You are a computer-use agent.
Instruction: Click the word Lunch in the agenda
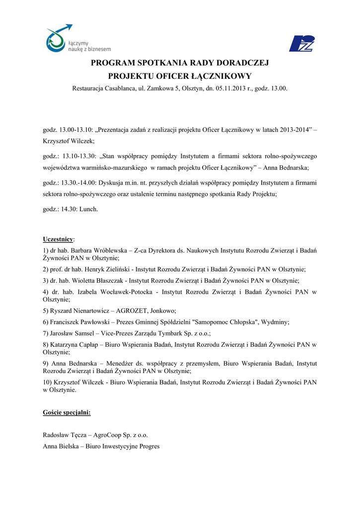click(x=89, y=209)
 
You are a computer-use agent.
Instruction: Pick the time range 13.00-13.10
click(x=75, y=130)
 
